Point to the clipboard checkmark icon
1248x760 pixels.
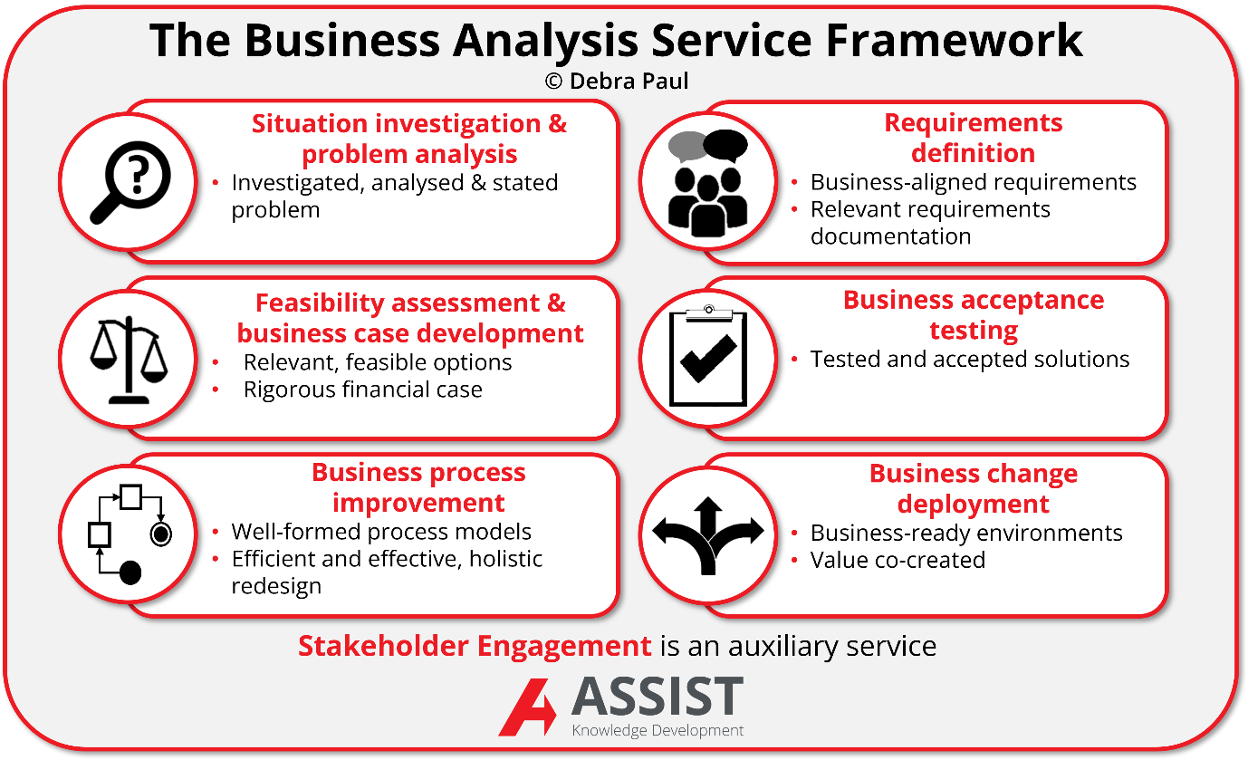tap(707, 357)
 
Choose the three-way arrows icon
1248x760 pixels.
tap(707, 534)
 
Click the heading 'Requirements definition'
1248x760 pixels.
tap(973, 138)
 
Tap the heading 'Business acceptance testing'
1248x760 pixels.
tap(973, 314)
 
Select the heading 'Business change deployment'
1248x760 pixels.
tap(973, 488)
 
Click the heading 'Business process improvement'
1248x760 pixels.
tap(418, 487)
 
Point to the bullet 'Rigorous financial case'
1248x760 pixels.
tap(362, 390)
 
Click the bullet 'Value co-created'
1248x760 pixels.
tap(897, 560)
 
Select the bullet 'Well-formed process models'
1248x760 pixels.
tap(380, 532)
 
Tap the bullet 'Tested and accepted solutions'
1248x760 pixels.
tap(969, 360)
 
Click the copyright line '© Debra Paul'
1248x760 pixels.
tap(617, 82)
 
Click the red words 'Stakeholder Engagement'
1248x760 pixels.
tap(475, 646)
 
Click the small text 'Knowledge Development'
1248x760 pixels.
tap(658, 730)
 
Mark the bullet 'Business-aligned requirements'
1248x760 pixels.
tap(973, 182)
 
